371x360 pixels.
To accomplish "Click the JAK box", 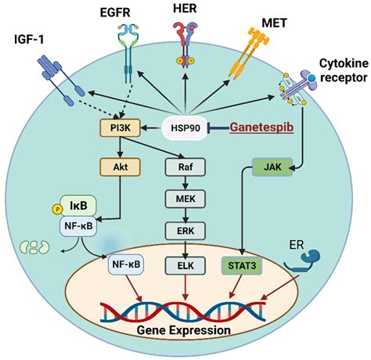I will coord(272,166).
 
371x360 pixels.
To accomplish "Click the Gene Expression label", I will coord(185,329).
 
